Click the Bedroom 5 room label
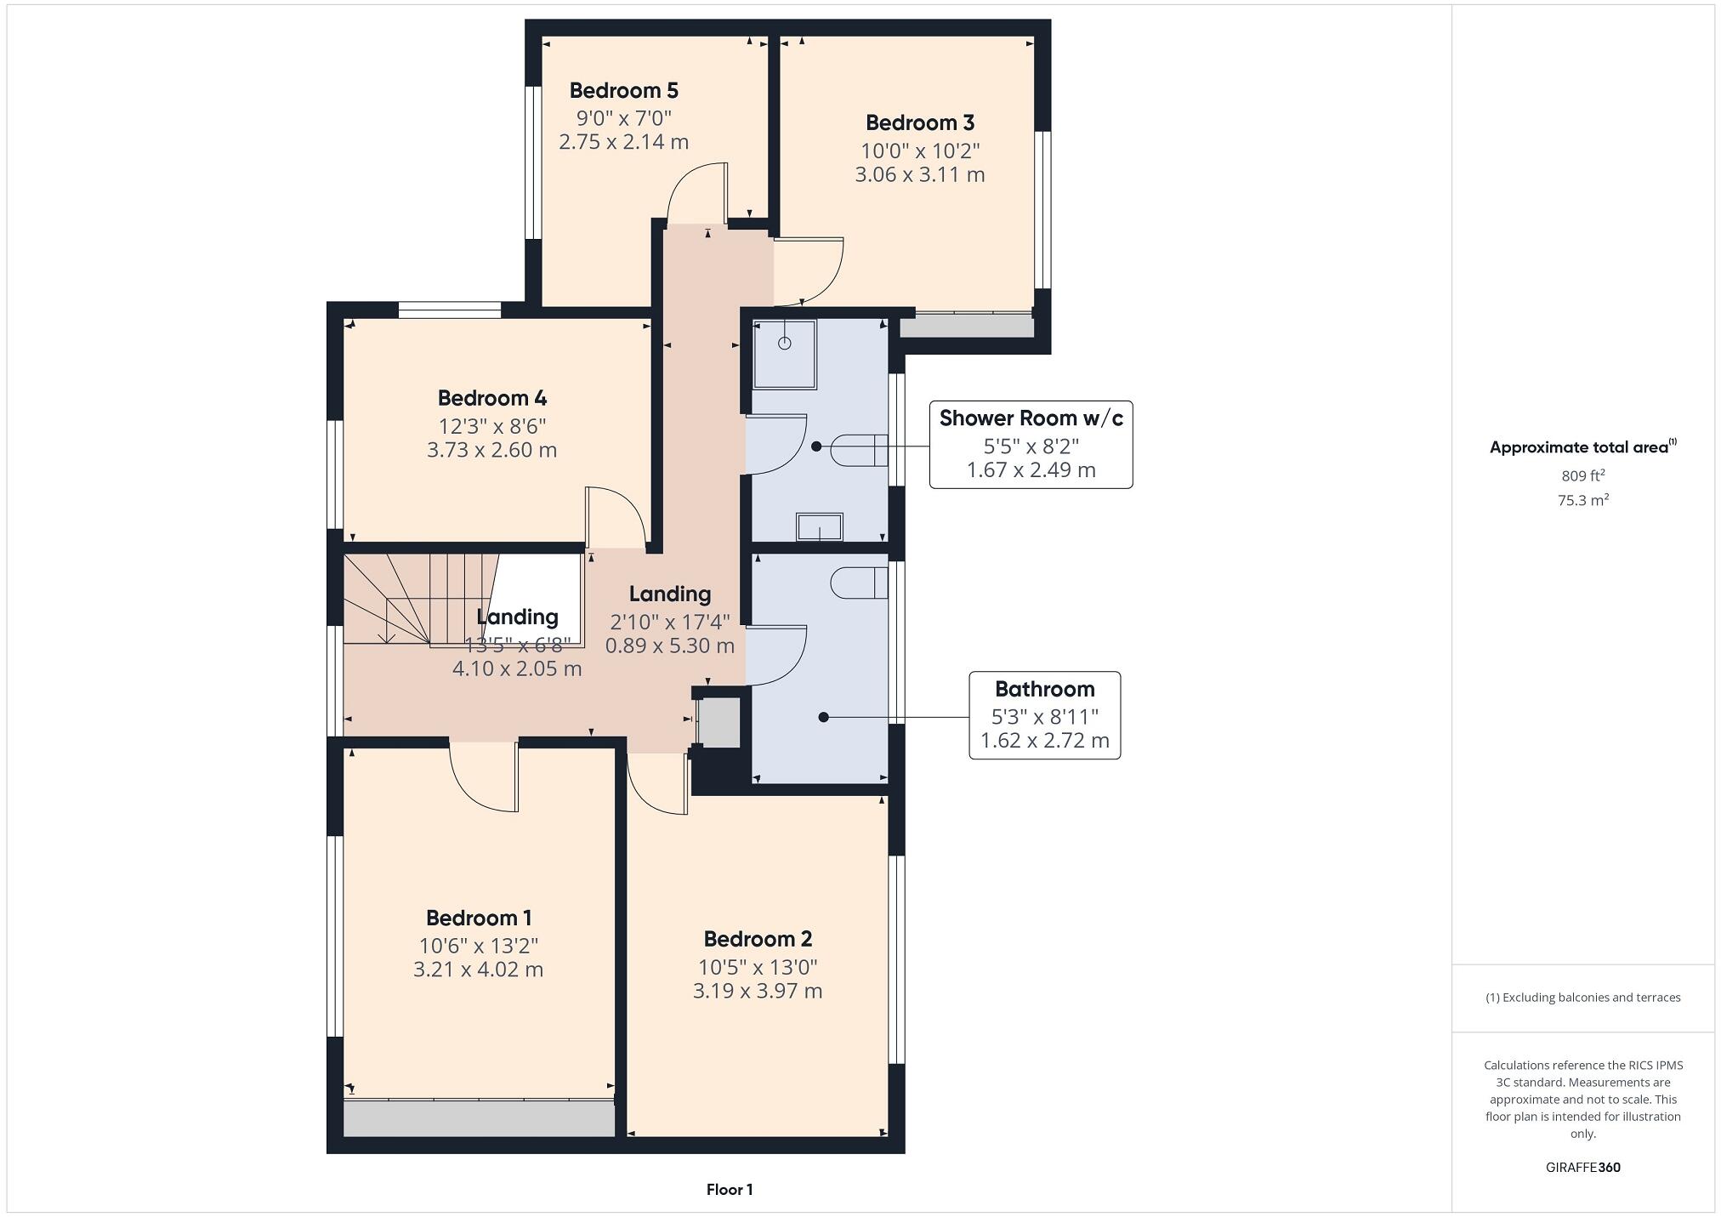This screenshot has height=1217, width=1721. pos(623,90)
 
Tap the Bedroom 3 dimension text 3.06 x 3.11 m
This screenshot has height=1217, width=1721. pos(919,175)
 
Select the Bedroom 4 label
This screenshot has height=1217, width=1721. pos(491,398)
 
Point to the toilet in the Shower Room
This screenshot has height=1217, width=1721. pos(860,448)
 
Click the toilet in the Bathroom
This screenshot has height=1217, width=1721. pos(860,583)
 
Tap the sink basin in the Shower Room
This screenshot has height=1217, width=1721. pos(819,527)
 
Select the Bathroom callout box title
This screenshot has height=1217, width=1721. pos(1044,689)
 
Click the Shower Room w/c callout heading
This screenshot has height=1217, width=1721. pos(1031,418)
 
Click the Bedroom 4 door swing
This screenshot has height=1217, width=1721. pos(616,517)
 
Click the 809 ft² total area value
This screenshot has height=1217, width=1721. pos(1582,475)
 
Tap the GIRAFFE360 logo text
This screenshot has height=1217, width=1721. pos(1582,1168)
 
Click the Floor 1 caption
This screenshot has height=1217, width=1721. pos(729,1190)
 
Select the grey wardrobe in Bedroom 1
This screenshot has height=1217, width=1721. pos(479,1118)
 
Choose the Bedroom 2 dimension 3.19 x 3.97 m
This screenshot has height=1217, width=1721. pos(757,992)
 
